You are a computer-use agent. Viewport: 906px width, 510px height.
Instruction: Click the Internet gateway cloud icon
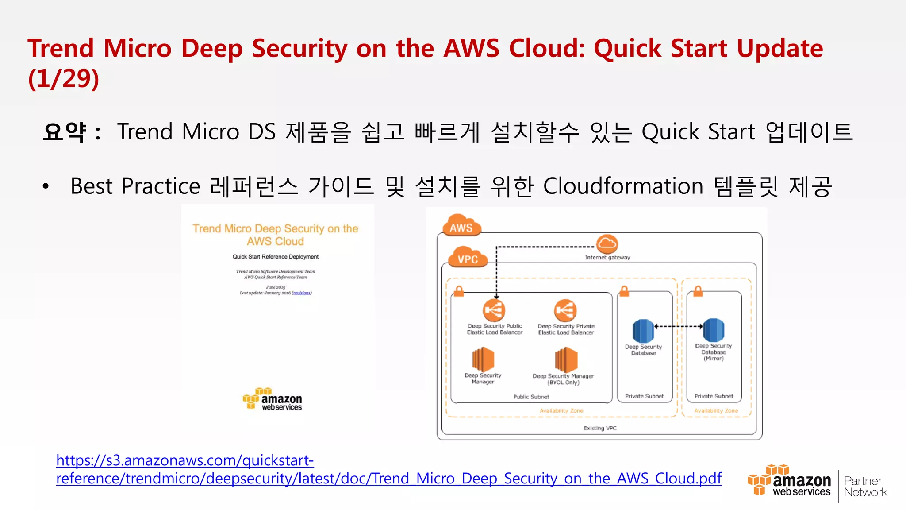[x=607, y=244]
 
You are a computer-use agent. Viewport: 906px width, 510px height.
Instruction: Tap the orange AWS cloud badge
[x=461, y=226]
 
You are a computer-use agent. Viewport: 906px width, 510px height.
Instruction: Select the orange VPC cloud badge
[x=468, y=258]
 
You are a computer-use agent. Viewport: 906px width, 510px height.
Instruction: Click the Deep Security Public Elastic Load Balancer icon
[x=494, y=310]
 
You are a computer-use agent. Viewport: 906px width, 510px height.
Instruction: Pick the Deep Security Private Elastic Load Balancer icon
[x=565, y=310]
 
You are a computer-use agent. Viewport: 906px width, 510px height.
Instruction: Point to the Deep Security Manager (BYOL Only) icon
[x=566, y=359]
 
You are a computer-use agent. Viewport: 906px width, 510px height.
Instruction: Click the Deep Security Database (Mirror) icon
[x=713, y=330]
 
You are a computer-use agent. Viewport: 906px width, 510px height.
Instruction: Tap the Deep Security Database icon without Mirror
[x=643, y=331]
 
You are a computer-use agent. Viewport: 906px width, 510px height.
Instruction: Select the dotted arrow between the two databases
[x=678, y=326]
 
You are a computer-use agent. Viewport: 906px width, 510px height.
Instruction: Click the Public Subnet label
[x=531, y=397]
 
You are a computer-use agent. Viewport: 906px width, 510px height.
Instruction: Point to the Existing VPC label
[x=599, y=428]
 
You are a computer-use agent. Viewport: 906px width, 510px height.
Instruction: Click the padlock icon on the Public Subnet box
[x=459, y=291]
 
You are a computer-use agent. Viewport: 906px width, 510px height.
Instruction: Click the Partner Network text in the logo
[x=865, y=487]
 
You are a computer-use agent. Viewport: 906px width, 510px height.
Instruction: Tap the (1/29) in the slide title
[x=64, y=79]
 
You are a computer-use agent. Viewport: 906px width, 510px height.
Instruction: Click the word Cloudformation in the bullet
[x=623, y=186]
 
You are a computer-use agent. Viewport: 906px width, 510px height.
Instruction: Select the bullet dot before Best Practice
[x=46, y=186]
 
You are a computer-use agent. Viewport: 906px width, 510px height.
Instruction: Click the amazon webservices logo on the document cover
[x=273, y=399]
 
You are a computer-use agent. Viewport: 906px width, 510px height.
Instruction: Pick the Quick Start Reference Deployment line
[x=275, y=257]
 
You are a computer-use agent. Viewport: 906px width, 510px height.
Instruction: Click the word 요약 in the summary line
[x=65, y=132]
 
